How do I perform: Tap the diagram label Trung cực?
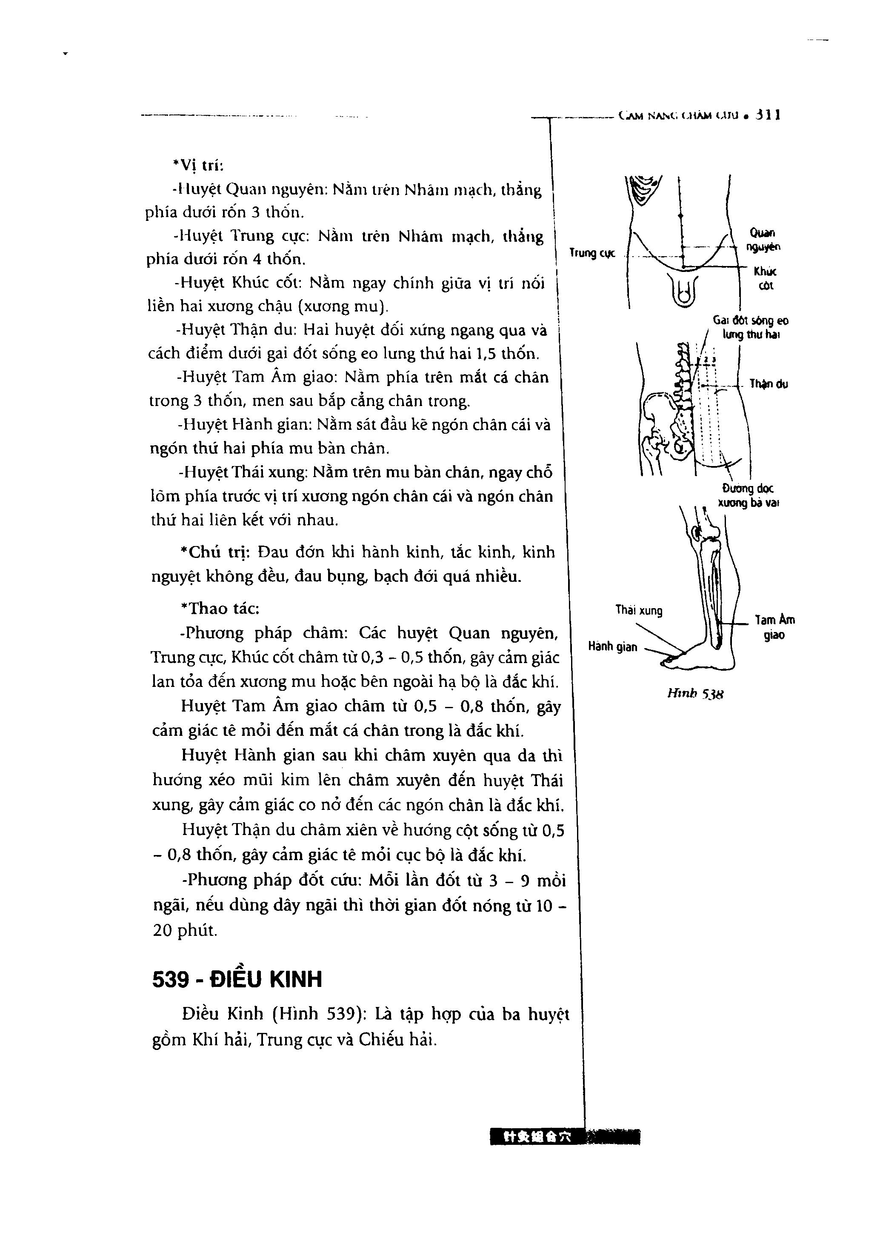pos(592,253)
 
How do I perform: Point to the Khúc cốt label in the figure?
pos(765,278)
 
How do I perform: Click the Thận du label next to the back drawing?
pos(769,384)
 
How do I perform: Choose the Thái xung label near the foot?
pos(638,611)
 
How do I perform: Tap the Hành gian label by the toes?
pos(612,646)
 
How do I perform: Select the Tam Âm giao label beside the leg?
pos(775,627)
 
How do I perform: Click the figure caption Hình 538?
pos(695,694)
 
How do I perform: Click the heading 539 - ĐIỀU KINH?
pos(237,980)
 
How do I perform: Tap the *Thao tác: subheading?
pos(220,609)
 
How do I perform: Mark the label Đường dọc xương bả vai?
pos(748,495)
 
